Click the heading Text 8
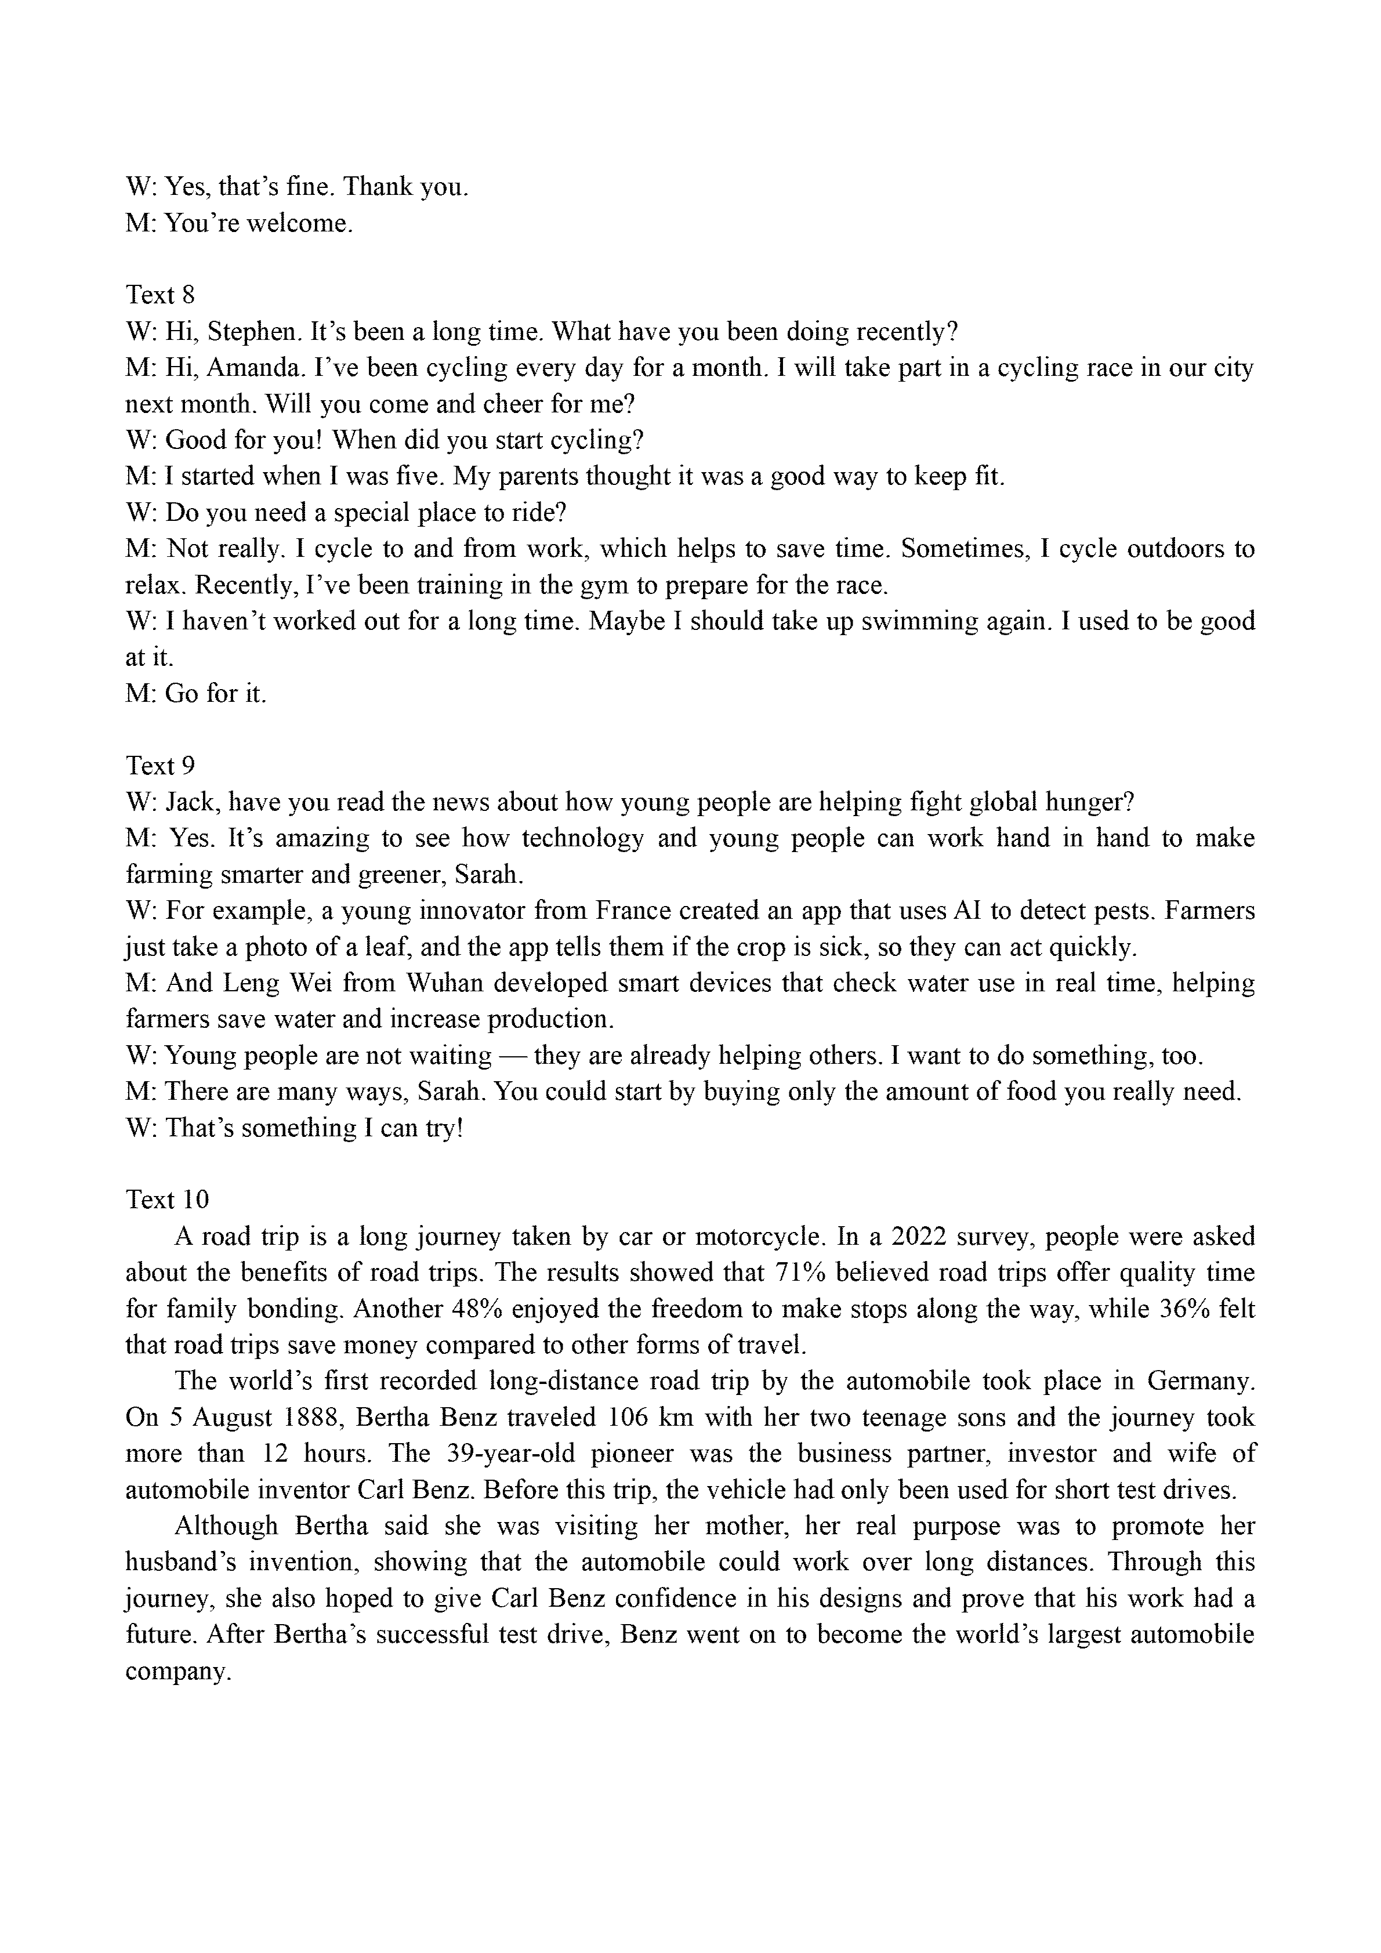click(x=160, y=295)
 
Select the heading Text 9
click(x=160, y=766)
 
